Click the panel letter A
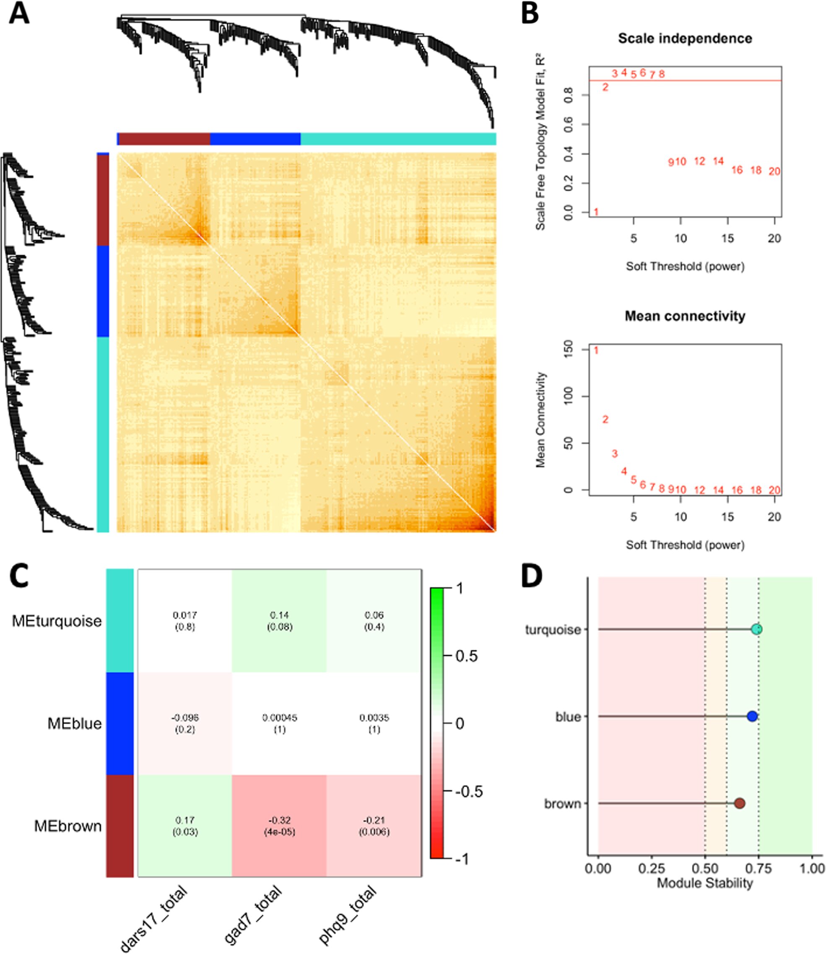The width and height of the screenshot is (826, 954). tap(19, 15)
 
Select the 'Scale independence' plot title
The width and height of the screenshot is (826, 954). tap(685, 38)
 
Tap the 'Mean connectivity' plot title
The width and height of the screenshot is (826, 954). tap(685, 316)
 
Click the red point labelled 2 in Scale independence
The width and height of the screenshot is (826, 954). tap(605, 87)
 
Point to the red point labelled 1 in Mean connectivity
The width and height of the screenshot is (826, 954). tap(596, 351)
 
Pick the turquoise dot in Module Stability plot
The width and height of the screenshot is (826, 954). tap(756, 629)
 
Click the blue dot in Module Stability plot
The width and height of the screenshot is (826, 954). tap(752, 716)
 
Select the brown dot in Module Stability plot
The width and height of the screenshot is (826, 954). tap(740, 803)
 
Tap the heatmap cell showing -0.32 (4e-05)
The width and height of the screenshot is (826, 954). tap(279, 826)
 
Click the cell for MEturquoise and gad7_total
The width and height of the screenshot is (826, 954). tap(279, 621)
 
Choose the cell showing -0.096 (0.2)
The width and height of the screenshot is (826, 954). tap(185, 723)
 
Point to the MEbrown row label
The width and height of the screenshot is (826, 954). tap(68, 826)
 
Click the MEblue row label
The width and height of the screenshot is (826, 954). tap(75, 723)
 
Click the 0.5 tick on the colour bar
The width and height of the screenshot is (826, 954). tap(467, 656)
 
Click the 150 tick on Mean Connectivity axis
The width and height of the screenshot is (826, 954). tap(568, 350)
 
